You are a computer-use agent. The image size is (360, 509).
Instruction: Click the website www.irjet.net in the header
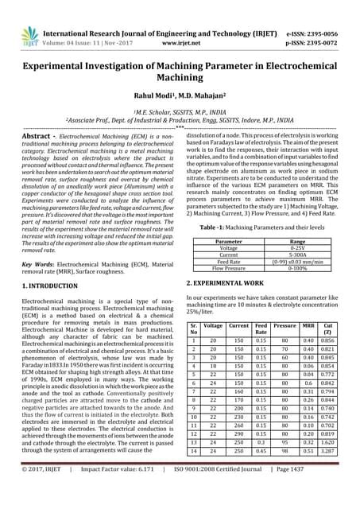(180, 25)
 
